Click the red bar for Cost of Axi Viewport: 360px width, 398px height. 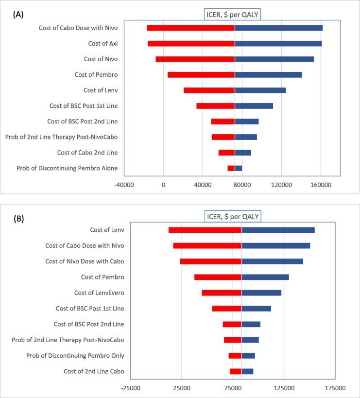coord(191,44)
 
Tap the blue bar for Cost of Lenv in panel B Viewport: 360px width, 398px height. coord(278,230)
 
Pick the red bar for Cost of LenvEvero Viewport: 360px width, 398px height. coord(222,293)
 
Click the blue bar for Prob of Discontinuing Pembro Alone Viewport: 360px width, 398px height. coord(238,168)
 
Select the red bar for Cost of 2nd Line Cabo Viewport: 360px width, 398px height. coord(236,371)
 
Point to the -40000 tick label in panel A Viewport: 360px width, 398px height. coord(124,185)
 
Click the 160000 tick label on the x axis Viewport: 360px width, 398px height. coord(321,185)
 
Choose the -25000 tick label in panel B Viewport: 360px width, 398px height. coord(131,388)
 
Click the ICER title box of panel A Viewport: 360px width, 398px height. coord(231,15)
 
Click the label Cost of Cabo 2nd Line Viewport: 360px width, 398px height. coord(87,153)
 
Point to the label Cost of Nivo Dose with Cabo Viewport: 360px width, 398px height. coord(85,261)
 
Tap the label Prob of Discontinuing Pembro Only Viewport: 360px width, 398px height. coord(75,356)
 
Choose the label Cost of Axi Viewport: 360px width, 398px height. coord(103,44)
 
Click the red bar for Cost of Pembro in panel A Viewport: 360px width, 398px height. coord(201,75)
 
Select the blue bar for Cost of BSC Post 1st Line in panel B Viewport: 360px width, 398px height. coord(256,309)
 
